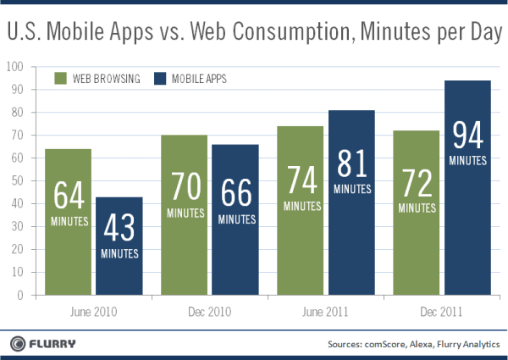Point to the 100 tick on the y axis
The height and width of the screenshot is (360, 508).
(x=15, y=66)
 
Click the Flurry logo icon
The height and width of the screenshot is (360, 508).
(x=19, y=343)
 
